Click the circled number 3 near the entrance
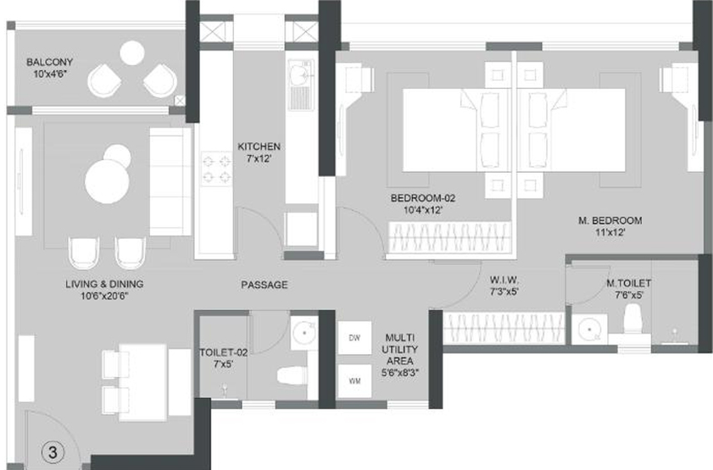[53, 452]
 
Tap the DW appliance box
[354, 338]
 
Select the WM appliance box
[354, 381]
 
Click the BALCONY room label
[49, 62]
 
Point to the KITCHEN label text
[259, 147]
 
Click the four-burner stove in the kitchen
[216, 168]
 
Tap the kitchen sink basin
[300, 72]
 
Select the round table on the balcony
[132, 53]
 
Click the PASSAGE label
[265, 285]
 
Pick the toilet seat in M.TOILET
[632, 319]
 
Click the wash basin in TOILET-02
[304, 334]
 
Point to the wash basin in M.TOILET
[590, 329]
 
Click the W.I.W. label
[504, 279]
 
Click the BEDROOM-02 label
[423, 198]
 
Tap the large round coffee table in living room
[108, 181]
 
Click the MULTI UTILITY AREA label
[399, 349]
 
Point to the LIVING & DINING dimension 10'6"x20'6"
[104, 296]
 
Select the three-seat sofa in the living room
[170, 181]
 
